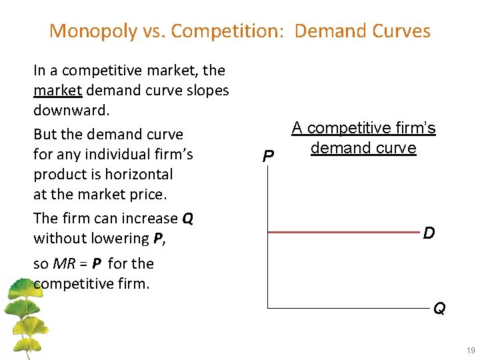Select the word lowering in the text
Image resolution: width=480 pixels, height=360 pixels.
click(x=117, y=238)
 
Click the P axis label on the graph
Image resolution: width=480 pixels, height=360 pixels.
click(x=267, y=157)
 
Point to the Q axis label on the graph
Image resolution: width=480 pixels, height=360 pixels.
click(x=439, y=309)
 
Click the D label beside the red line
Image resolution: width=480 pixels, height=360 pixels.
click(x=429, y=233)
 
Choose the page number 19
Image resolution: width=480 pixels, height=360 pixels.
click(x=471, y=351)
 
